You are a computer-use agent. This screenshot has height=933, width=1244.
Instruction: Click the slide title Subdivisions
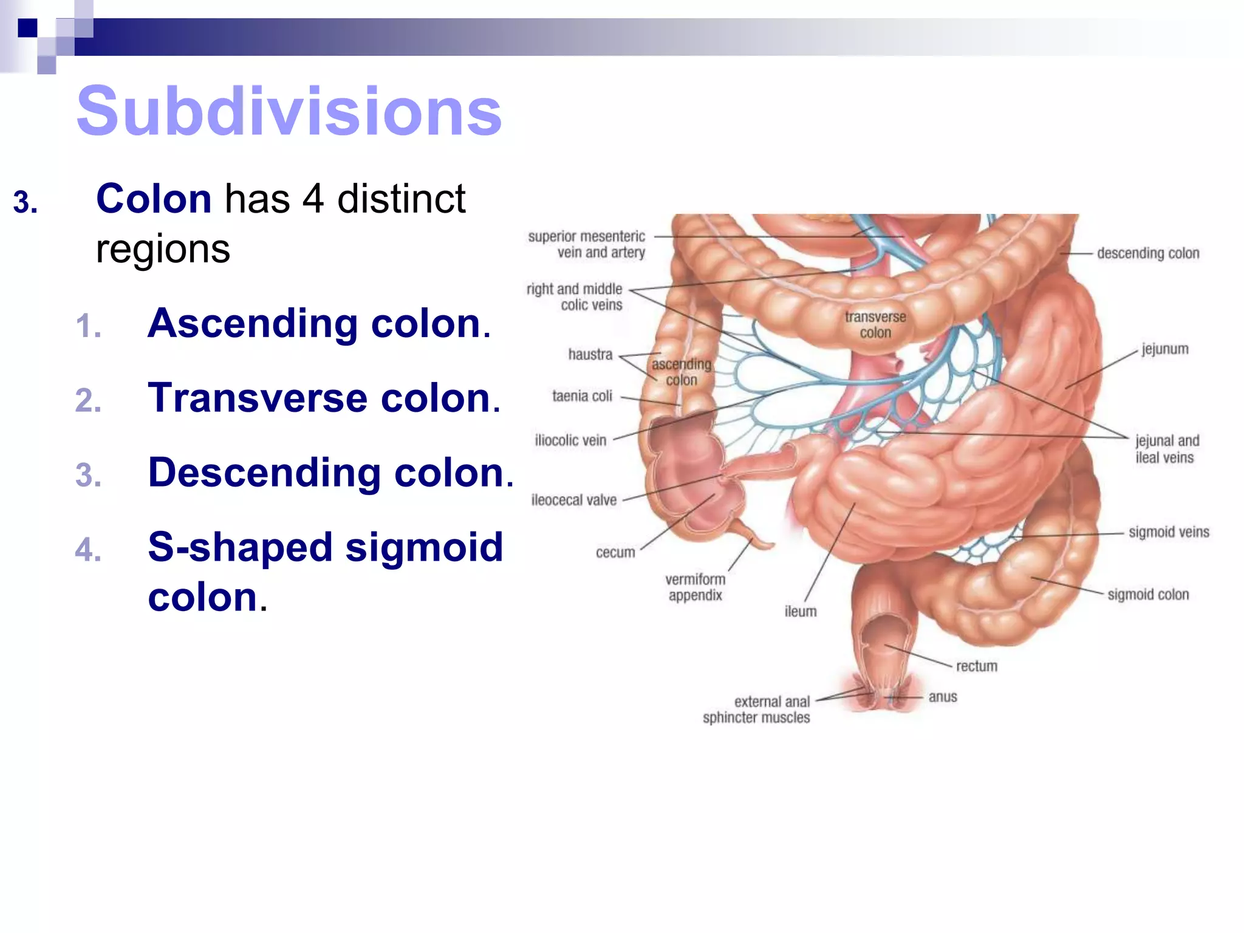[289, 112]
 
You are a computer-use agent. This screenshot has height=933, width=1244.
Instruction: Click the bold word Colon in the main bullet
[154, 199]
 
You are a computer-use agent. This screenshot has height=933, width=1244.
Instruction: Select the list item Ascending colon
[318, 323]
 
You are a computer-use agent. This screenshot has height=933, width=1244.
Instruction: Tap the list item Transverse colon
[323, 398]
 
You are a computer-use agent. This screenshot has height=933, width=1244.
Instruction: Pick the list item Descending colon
[330, 473]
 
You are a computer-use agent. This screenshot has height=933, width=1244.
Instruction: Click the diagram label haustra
[590, 355]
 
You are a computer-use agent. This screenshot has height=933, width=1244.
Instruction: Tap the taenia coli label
[582, 397]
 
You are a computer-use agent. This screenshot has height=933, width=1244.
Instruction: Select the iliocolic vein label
[570, 441]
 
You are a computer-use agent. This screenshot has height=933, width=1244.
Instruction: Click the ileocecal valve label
[574, 501]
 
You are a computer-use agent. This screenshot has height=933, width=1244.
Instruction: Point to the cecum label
[615, 553]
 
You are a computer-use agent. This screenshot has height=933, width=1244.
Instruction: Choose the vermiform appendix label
[695, 587]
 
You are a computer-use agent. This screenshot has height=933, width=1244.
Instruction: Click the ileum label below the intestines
[801, 612]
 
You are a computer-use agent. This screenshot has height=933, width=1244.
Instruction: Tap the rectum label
[977, 666]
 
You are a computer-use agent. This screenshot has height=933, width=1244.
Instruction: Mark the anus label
[943, 697]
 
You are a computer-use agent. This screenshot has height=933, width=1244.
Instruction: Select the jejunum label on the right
[1164, 349]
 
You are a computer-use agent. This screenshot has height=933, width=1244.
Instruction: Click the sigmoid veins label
[1169, 533]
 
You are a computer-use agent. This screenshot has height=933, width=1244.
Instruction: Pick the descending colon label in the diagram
[1147, 253]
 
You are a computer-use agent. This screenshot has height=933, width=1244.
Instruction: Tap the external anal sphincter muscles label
[756, 710]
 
